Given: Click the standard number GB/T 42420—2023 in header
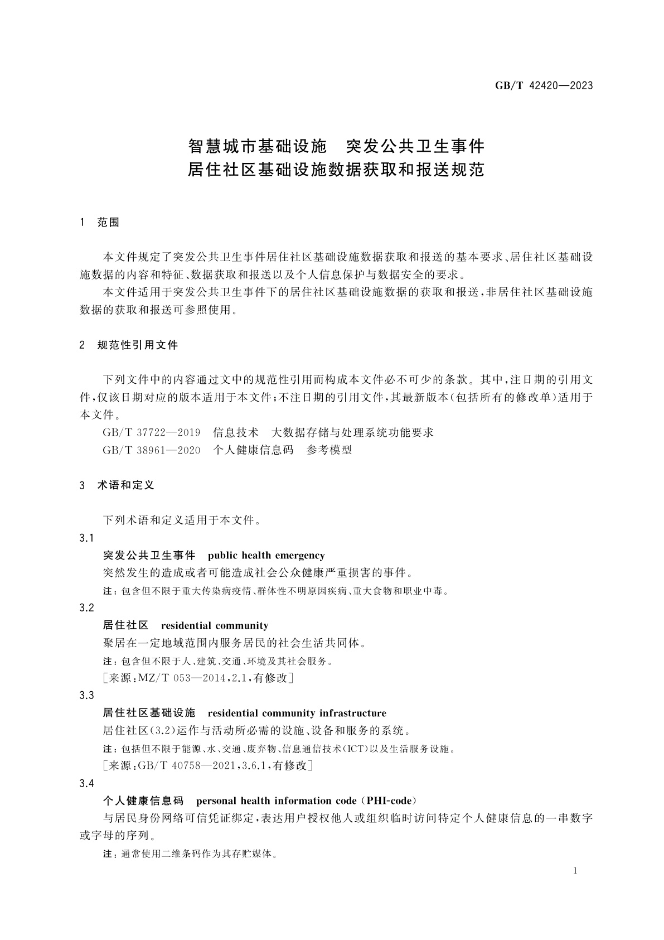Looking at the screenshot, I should tap(544, 85).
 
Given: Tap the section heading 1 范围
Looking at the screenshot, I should tap(100, 222).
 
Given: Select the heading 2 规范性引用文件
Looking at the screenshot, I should tap(129, 345).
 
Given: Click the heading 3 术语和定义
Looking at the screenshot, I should tap(117, 485).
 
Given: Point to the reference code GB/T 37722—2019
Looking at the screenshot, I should tap(151, 432).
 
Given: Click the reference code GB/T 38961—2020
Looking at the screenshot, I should tap(151, 450).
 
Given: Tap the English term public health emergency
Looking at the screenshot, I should tap(266, 555).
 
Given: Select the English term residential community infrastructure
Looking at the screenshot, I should tap(297, 713).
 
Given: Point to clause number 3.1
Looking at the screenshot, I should tap(86, 538).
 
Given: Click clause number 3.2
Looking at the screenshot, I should tap(86, 608).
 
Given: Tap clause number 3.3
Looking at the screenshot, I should tap(86, 695).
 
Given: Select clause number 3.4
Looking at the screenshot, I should tap(86, 783).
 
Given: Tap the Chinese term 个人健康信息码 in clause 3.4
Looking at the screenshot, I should tap(143, 801).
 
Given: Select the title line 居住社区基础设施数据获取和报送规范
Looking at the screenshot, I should tap(336, 170).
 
